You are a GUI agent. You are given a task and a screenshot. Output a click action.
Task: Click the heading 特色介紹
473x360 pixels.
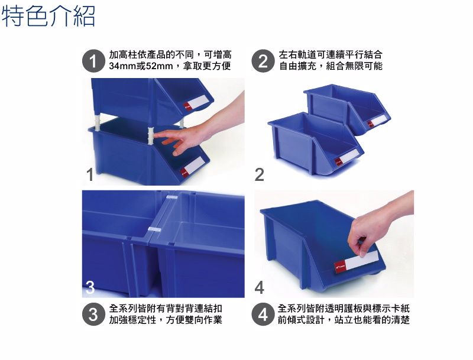click(x=48, y=17)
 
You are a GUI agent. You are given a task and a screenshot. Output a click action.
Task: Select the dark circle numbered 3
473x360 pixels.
click(x=93, y=314)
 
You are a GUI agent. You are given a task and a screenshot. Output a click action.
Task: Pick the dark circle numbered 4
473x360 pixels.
click(x=263, y=314)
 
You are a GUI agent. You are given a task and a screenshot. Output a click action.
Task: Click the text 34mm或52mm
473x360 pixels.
click(x=141, y=66)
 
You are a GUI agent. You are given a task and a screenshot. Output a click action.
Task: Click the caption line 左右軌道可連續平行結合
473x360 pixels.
click(x=331, y=54)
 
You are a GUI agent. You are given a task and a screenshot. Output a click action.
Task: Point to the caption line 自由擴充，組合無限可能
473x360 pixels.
click(x=331, y=66)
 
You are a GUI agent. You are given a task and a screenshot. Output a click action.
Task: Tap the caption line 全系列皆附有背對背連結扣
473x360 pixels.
click(x=166, y=308)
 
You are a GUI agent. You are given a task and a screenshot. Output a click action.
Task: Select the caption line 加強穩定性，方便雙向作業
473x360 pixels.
click(x=166, y=320)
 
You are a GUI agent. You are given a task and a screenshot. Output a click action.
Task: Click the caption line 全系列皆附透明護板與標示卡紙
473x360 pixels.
click(x=344, y=308)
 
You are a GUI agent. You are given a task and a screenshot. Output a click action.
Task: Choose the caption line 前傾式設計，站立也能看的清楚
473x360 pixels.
click(x=344, y=320)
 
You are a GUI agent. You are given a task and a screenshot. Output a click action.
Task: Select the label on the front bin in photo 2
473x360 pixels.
click(x=346, y=157)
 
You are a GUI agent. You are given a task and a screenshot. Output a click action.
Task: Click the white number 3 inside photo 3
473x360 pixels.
click(x=89, y=288)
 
